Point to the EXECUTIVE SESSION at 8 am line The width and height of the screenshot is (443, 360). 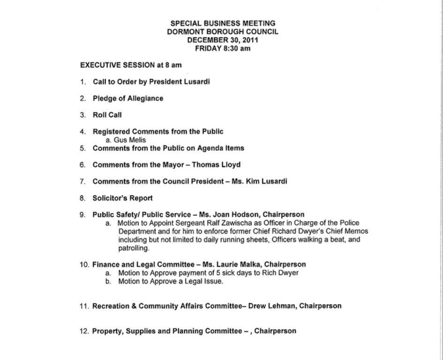(x=131, y=65)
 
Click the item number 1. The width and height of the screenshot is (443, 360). (x=83, y=82)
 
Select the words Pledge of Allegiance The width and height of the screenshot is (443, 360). (x=128, y=98)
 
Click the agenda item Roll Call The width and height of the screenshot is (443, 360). (x=107, y=115)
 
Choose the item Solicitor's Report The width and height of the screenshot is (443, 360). (x=122, y=198)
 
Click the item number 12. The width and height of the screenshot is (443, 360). (x=84, y=331)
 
